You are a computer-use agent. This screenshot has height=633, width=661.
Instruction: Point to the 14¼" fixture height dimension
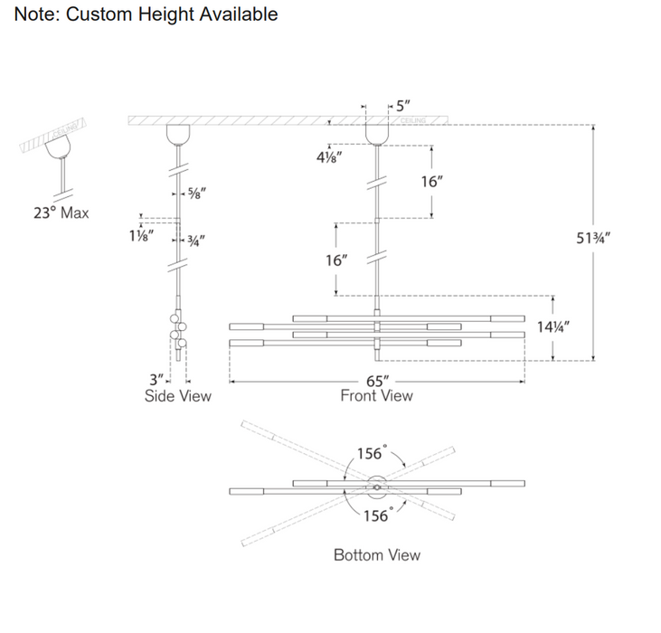point(553,327)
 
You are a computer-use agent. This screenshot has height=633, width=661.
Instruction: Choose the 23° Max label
point(61,213)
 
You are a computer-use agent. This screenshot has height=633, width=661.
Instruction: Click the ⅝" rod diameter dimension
point(194,193)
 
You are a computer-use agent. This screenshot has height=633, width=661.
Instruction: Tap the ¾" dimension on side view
point(194,241)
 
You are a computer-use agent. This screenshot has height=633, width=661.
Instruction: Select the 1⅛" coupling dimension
point(141,234)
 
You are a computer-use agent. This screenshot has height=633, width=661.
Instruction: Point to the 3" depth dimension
point(156,380)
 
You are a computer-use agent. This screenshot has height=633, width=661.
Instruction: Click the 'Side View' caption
point(178,396)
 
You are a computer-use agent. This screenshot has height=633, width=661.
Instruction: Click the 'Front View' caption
point(376,396)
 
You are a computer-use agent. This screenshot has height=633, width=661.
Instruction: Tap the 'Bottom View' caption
point(376,555)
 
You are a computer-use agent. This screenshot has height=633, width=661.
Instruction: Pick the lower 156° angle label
point(376,515)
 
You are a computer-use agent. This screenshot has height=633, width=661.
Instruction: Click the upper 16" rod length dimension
point(432,182)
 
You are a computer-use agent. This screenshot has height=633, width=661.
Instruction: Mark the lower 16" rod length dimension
point(336,260)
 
